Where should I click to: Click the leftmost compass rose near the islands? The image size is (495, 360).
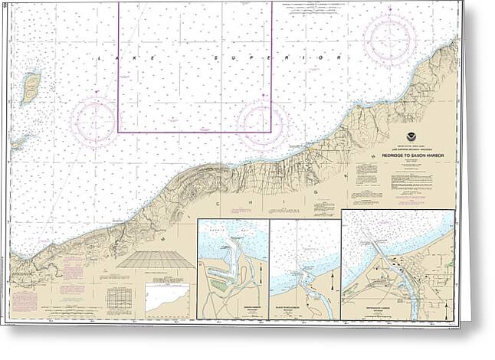click(x=93, y=120)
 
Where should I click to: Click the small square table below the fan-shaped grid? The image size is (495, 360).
click(x=119, y=296)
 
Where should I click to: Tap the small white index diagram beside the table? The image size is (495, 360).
click(x=167, y=298)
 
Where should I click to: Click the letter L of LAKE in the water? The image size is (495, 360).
click(x=100, y=58)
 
